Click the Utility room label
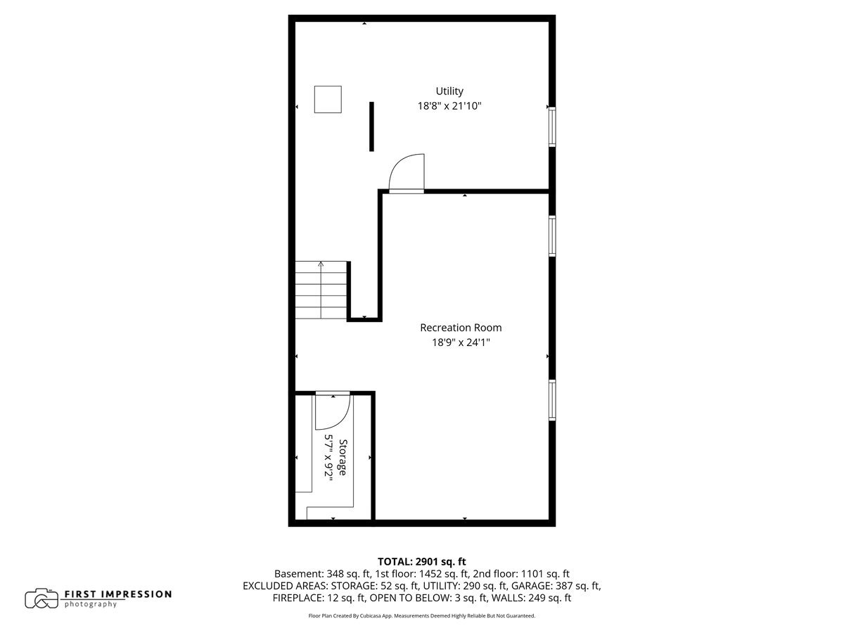(x=449, y=91)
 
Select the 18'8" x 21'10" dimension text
(x=449, y=106)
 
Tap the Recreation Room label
(x=461, y=328)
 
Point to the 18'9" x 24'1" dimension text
(x=461, y=343)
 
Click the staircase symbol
(x=321, y=290)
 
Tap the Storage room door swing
(x=331, y=411)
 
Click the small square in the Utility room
(x=328, y=99)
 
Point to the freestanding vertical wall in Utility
(x=371, y=127)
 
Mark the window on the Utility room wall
(x=552, y=127)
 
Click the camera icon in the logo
(x=41, y=599)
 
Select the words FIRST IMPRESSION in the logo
(x=117, y=594)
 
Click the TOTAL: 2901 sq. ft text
(x=422, y=561)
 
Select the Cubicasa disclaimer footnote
(x=422, y=615)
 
